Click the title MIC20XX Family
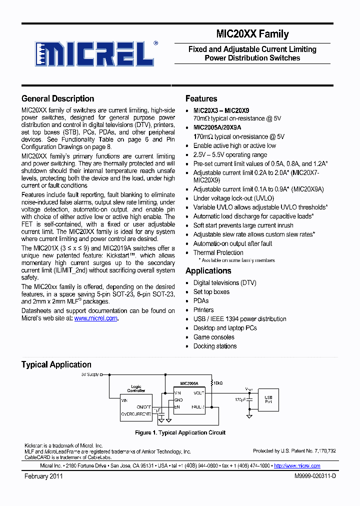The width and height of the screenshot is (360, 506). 252,34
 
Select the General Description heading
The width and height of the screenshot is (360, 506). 57,98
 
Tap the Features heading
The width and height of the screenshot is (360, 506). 201,98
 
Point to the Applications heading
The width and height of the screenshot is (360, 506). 208,270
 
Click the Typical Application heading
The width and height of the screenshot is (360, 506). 56,364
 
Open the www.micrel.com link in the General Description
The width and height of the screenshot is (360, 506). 95,318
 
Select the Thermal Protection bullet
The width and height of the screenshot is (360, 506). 218,252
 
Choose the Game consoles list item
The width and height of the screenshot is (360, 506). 214,337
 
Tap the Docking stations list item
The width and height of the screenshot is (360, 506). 215,346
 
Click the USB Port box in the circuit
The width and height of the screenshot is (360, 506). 268,399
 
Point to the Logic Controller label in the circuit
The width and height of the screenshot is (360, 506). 136,389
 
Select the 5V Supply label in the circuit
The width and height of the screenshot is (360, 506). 90,374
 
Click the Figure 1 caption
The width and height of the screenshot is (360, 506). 180,432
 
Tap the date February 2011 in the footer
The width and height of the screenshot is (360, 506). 43,476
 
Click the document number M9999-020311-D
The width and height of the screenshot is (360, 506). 315,476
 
